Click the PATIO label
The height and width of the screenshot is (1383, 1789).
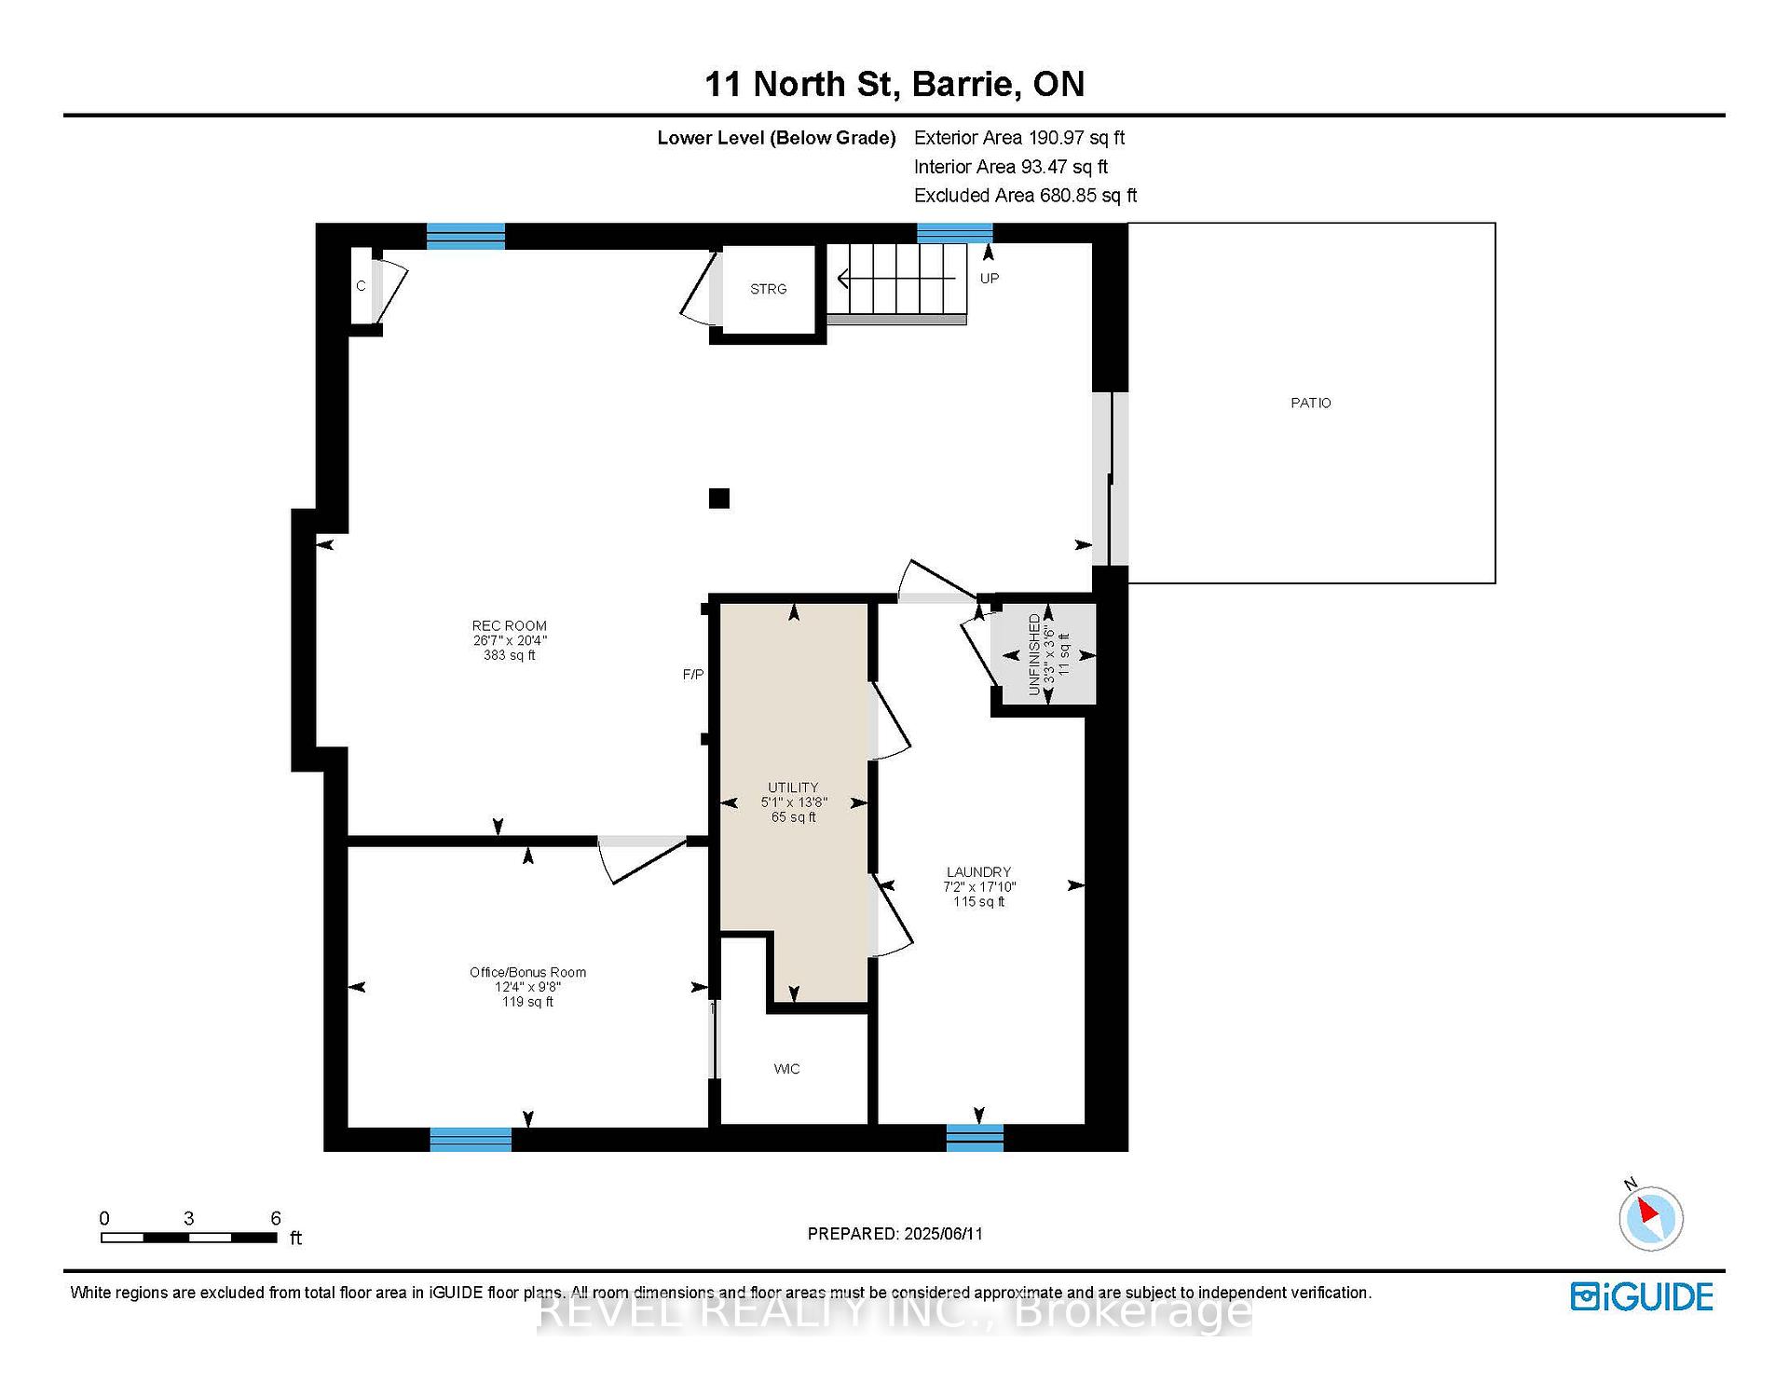pyautogui.click(x=1310, y=403)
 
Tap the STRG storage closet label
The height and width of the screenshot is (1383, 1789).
pyautogui.click(x=768, y=289)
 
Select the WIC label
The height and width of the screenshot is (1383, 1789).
pyautogui.click(x=786, y=1069)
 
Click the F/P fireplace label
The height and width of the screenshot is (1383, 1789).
pyautogui.click(x=693, y=674)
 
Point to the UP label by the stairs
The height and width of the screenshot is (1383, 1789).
pyautogui.click(x=990, y=279)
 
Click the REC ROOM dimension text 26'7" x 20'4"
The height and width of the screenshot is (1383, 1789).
pyautogui.click(x=510, y=640)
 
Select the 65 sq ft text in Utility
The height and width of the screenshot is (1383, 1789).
pyautogui.click(x=793, y=817)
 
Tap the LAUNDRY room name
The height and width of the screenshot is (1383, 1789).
pyautogui.click(x=978, y=872)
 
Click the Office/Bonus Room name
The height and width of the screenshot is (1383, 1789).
pyautogui.click(x=527, y=972)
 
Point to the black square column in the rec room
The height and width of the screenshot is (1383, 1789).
pyautogui.click(x=718, y=499)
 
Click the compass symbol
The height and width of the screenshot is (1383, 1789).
pyautogui.click(x=1650, y=1217)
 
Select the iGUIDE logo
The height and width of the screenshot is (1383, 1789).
pyautogui.click(x=1642, y=1296)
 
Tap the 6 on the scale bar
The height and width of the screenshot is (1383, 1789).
pyautogui.click(x=276, y=1218)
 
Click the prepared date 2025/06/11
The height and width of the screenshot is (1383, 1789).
pyautogui.click(x=943, y=1234)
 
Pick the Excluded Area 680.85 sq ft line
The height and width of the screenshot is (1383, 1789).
pyautogui.click(x=1025, y=196)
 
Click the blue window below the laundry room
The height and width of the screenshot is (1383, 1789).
pyautogui.click(x=975, y=1138)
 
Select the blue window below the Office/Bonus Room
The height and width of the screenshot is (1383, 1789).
pyautogui.click(x=471, y=1139)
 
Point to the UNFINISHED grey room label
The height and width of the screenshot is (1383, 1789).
pyautogui.click(x=1033, y=654)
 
